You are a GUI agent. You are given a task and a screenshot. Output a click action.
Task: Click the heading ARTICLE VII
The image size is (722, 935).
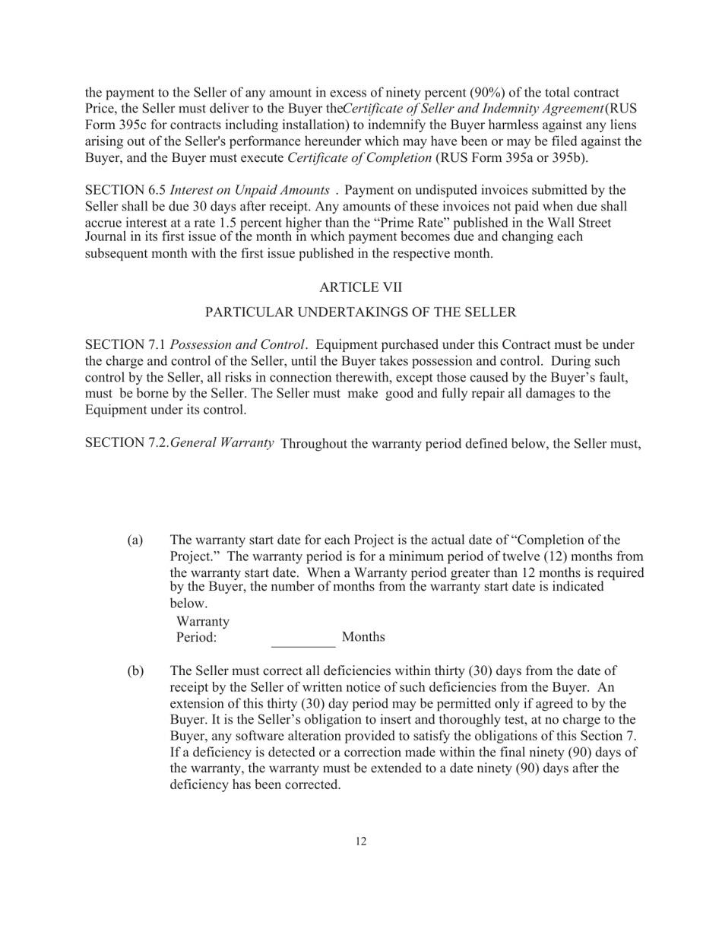tap(360, 287)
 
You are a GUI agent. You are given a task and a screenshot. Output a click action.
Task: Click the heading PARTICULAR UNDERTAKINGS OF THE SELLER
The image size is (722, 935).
tap(360, 312)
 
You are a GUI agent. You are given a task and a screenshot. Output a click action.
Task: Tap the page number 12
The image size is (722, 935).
tap(360, 841)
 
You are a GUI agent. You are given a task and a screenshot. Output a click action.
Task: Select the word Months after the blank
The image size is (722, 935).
tap(363, 637)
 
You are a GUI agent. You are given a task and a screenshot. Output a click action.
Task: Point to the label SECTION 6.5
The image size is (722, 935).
tap(124, 189)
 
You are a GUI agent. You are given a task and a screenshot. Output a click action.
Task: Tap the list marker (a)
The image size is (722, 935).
tap(135, 540)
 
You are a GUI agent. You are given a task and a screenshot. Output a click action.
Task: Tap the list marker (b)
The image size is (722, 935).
tap(135, 671)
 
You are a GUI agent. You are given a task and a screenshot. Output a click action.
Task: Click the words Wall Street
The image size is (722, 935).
tap(604, 222)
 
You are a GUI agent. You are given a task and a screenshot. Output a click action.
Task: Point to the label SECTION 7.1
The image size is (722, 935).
tap(124, 344)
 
